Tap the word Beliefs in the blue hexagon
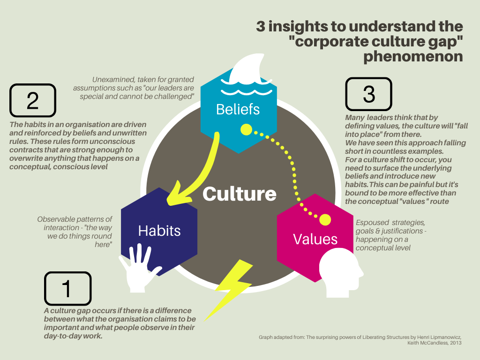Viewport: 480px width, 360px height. click(x=238, y=109)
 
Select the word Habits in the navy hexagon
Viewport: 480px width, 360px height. click(x=159, y=230)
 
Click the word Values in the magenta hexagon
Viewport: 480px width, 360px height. click(x=315, y=239)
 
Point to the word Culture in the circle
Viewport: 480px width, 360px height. click(x=240, y=194)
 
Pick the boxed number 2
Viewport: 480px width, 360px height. click(x=32, y=100)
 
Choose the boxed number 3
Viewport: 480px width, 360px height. click(x=369, y=94)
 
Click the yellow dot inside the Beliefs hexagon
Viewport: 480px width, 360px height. click(x=246, y=129)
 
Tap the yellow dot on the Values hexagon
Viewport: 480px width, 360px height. click(x=325, y=219)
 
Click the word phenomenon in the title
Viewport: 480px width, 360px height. click(x=413, y=57)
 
